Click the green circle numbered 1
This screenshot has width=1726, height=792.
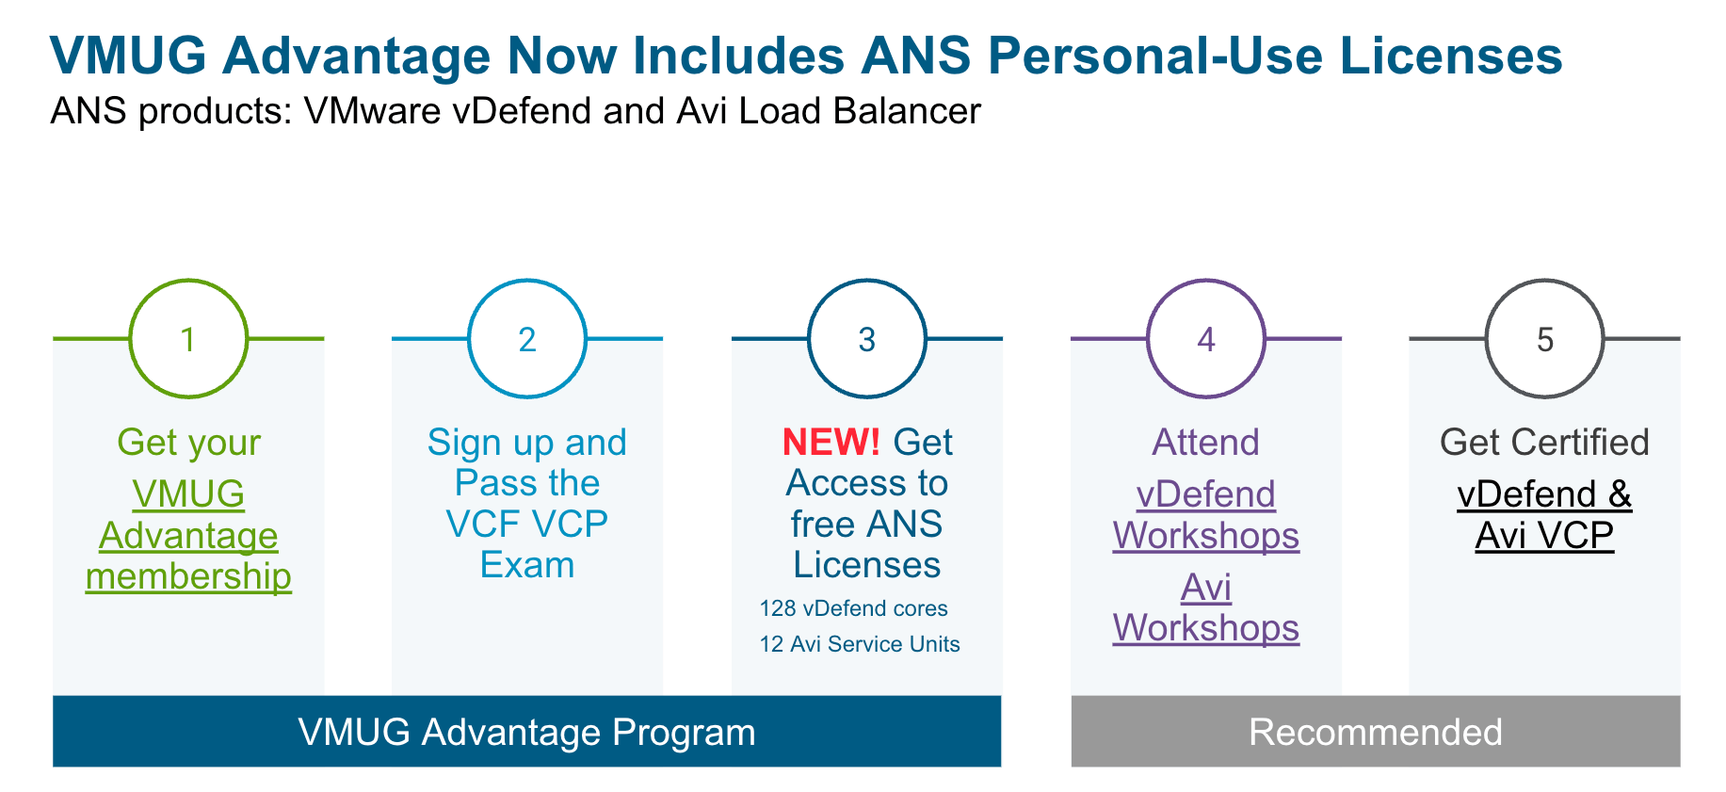click(x=188, y=339)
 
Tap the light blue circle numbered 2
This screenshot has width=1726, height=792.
click(x=527, y=339)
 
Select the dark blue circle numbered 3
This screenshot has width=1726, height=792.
click(x=867, y=339)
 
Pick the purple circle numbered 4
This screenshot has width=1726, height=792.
click(x=1206, y=339)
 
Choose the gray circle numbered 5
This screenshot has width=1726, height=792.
click(x=1545, y=339)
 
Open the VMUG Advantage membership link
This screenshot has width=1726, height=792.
click(x=188, y=535)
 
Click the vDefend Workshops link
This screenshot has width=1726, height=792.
click(x=1206, y=514)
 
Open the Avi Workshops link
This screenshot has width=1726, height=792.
click(x=1206, y=607)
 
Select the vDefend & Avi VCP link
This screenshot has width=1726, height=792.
click(x=1544, y=514)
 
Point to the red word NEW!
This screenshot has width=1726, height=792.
click(x=831, y=442)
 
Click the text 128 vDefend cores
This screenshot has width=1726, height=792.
click(x=853, y=608)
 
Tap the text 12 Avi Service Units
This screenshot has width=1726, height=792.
click(x=860, y=644)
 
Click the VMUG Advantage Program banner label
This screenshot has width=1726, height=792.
click(x=526, y=732)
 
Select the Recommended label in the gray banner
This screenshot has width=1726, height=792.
click(x=1375, y=732)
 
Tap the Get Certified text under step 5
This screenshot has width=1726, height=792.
click(x=1544, y=442)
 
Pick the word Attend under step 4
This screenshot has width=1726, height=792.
click(x=1206, y=442)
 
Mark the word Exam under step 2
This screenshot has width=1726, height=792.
click(x=527, y=565)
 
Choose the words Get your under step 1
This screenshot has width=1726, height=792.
click(x=188, y=442)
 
